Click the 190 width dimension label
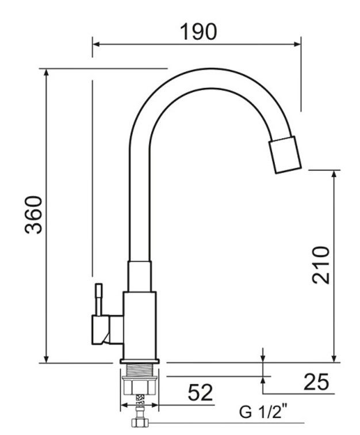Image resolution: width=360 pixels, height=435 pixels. point(198,32)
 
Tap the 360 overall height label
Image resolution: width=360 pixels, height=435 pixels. point(33,215)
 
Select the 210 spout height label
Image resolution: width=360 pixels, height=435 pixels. point(321,265)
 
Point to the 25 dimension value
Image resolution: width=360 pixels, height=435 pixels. point(316,382)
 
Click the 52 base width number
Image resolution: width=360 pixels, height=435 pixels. point(200,392)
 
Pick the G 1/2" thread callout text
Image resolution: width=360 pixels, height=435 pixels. point(263,411)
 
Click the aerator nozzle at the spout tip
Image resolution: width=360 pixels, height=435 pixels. point(285,155)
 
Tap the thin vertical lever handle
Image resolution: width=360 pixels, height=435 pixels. point(99,300)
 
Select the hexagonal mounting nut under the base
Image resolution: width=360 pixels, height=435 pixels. point(140,385)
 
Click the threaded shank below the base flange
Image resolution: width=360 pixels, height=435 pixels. point(140,369)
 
